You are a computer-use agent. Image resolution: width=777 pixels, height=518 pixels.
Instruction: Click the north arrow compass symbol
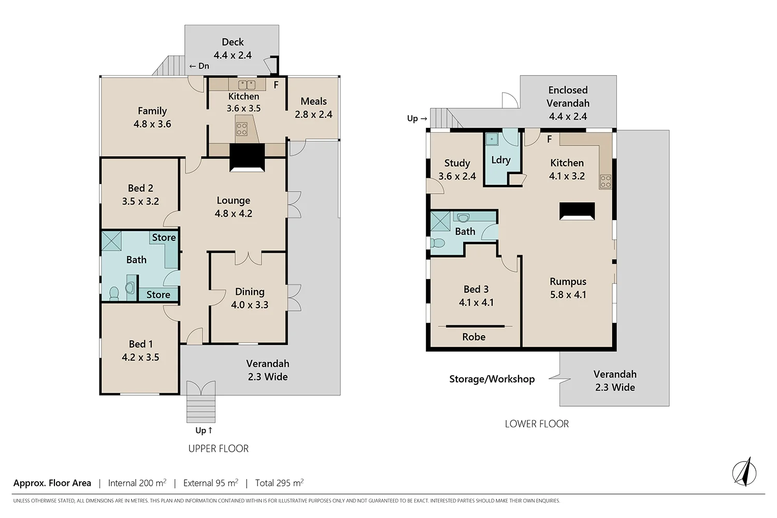click(x=744, y=472)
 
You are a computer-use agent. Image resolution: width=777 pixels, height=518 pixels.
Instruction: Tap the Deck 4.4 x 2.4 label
click(x=233, y=49)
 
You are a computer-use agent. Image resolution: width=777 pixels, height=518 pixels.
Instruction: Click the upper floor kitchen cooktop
click(x=241, y=129)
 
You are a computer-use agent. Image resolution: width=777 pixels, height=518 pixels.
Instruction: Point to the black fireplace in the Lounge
click(x=247, y=157)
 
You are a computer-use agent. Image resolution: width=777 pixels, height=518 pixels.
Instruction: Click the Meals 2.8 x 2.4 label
click(x=313, y=108)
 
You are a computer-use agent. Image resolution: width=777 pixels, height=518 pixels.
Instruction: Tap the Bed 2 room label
click(x=140, y=195)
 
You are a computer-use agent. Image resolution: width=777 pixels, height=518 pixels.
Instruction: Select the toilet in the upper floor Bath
click(x=114, y=294)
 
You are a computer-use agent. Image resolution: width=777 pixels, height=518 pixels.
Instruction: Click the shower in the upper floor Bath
click(x=111, y=241)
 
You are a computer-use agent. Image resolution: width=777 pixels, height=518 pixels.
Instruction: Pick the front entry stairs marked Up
click(x=200, y=409)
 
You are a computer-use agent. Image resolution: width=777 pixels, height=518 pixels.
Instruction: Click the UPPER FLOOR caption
click(x=218, y=449)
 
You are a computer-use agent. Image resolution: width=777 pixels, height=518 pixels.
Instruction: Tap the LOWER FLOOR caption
click(x=537, y=424)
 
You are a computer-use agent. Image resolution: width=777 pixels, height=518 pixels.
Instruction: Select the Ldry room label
click(x=501, y=160)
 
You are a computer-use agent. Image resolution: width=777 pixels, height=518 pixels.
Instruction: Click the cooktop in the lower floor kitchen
click(x=605, y=181)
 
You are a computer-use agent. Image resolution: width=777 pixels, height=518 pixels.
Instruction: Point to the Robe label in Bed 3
click(x=473, y=337)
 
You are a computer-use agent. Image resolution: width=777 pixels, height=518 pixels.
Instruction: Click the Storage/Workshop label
click(x=492, y=379)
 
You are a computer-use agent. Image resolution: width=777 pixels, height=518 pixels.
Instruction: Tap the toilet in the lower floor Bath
click(x=438, y=242)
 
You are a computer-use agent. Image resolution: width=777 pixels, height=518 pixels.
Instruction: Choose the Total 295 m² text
click(x=279, y=483)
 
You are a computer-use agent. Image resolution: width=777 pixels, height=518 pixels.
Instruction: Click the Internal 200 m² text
click(x=137, y=483)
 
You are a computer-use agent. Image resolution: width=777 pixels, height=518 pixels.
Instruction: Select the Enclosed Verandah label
click(x=568, y=103)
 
